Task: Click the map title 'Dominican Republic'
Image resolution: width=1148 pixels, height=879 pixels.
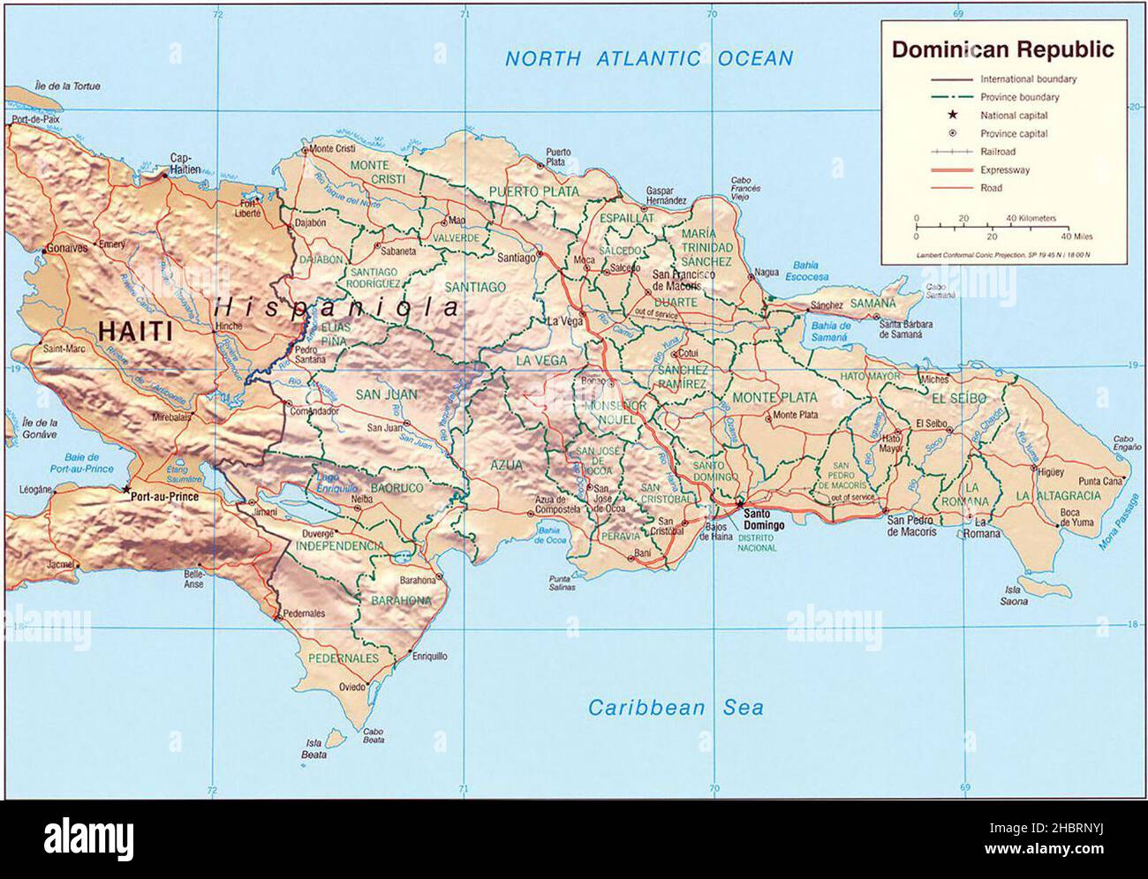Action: (1002, 49)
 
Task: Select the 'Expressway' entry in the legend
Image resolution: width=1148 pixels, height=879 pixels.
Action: (1004, 170)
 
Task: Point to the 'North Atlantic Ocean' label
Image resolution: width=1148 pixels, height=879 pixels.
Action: (648, 59)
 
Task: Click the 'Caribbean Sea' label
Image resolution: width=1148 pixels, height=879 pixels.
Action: (676, 707)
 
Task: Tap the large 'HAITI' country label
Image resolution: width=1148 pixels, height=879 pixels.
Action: (135, 332)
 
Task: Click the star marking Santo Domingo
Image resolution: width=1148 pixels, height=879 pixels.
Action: (739, 503)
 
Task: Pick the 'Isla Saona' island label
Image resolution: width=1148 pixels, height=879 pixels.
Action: (1015, 596)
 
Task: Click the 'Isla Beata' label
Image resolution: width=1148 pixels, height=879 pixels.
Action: (315, 748)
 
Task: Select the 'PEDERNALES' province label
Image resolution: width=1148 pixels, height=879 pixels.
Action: (343, 658)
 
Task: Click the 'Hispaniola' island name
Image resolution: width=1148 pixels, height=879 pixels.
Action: (337, 307)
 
